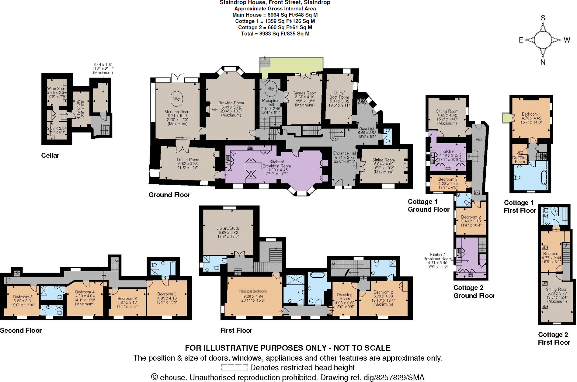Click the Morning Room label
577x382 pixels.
[177, 112]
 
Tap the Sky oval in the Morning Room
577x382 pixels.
[177, 98]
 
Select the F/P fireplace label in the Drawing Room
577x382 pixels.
[214, 110]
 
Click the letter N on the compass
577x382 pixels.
[543, 62]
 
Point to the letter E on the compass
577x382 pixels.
[521, 40]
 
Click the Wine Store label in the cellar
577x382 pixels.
[57, 89]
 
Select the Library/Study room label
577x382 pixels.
[228, 228]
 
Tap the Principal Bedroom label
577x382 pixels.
[252, 291]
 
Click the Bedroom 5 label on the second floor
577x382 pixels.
[23, 297]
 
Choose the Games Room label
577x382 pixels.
[304, 93]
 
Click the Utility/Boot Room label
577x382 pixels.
[339, 95]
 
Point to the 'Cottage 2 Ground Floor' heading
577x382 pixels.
[474, 292]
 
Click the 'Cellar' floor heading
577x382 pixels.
[50, 155]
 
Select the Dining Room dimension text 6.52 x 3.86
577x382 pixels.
[188, 164]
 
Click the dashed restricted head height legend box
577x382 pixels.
[234, 368]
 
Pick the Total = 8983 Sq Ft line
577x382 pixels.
[275, 34]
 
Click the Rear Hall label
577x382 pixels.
[367, 129]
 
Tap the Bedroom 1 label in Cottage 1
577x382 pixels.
[531, 114]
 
